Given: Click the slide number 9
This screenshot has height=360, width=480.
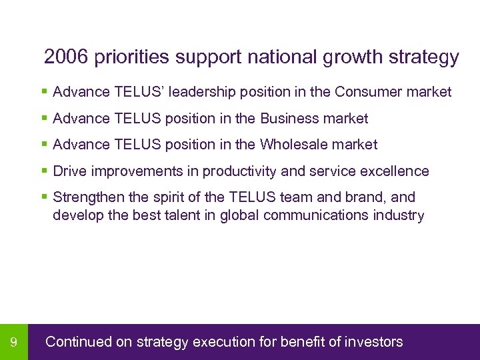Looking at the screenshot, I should click(14, 343).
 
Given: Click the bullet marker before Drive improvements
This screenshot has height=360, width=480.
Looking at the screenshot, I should click(44, 171).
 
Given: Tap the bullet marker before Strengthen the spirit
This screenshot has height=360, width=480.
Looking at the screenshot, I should click(44, 197).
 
